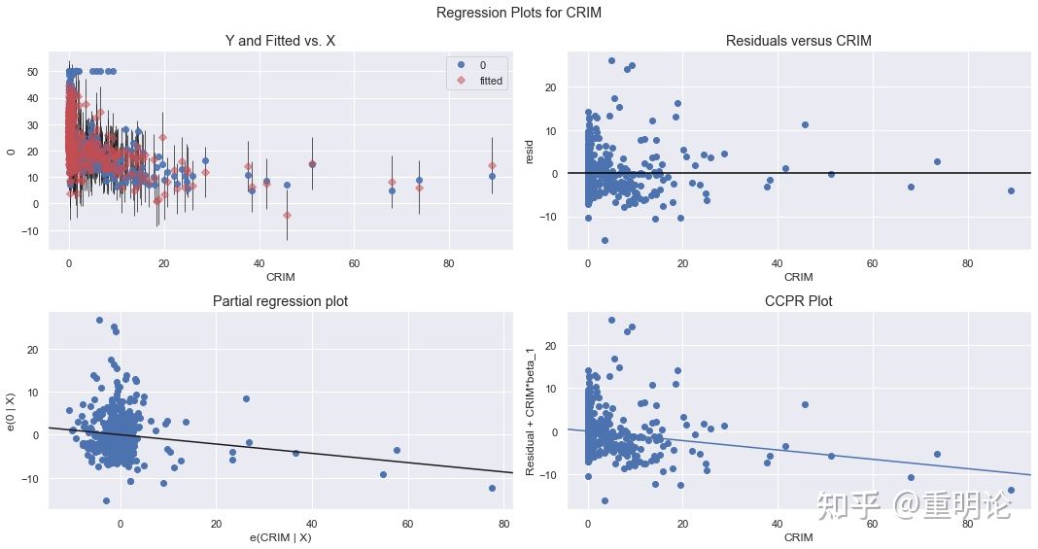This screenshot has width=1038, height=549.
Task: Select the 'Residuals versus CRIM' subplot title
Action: click(x=798, y=40)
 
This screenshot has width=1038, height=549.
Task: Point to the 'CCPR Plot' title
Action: click(x=798, y=301)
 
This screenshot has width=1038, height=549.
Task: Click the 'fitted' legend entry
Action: click(x=491, y=81)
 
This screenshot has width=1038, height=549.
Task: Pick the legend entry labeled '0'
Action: click(x=483, y=64)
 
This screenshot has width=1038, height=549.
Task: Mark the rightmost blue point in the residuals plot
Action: click(x=1011, y=190)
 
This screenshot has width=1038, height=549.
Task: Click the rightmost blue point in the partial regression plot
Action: click(x=492, y=488)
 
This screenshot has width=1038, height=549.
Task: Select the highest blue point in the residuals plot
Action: click(x=611, y=60)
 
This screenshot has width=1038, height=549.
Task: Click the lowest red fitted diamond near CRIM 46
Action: click(x=287, y=215)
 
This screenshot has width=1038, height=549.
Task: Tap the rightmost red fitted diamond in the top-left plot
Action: click(x=492, y=165)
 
